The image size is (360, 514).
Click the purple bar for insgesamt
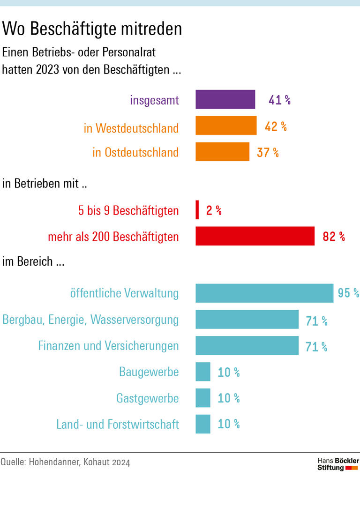pyautogui.click(x=225, y=99)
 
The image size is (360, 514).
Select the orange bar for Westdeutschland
pyautogui.click(x=226, y=126)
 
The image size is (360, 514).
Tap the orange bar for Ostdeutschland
pyautogui.click(x=222, y=152)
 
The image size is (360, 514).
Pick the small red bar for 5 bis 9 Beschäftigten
pyautogui.click(x=197, y=210)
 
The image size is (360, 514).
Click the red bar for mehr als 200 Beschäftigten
pyautogui.click(x=255, y=236)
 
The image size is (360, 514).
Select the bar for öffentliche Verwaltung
pyautogui.click(x=264, y=293)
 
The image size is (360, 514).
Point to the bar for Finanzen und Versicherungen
pyautogui.click(x=247, y=346)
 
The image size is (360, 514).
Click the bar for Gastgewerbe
pyautogui.click(x=203, y=398)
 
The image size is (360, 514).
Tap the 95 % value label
pyautogui.click(x=348, y=293)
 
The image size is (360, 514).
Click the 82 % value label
pyautogui.click(x=334, y=237)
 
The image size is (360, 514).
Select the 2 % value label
pyautogui.click(x=214, y=211)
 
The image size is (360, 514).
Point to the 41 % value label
pyautogui.click(x=279, y=100)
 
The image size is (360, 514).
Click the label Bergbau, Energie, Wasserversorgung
pyautogui.click(x=90, y=320)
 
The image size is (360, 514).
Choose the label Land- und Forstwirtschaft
pyautogui.click(x=117, y=425)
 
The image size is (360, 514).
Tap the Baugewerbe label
pyautogui.click(x=149, y=372)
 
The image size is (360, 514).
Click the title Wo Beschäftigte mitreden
pyautogui.click(x=92, y=29)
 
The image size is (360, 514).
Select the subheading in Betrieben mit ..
pyautogui.click(x=45, y=184)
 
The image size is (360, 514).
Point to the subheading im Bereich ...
pyautogui.click(x=33, y=261)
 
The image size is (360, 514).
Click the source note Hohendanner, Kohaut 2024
pyautogui.click(x=65, y=462)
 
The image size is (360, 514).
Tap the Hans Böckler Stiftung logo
pyautogui.click(x=338, y=464)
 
